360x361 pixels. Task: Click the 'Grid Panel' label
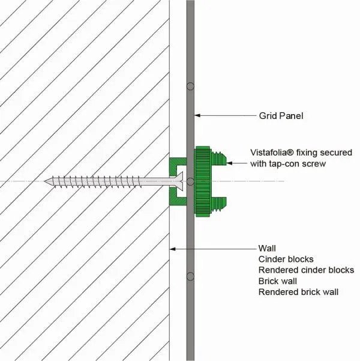(281, 116)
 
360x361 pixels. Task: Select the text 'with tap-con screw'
(288, 164)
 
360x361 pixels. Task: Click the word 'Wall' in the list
(267, 248)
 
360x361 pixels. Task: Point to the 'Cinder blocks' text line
(286, 259)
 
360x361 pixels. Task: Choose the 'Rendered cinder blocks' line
(306, 270)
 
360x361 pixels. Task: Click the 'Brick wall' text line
(277, 281)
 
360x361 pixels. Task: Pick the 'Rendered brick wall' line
(298, 292)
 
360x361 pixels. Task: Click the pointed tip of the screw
(45, 181)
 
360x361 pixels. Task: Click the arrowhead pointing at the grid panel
(197, 115)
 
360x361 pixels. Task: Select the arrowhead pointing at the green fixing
(229, 163)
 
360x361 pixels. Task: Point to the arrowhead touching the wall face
(173, 249)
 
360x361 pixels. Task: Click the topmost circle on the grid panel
(190, 86)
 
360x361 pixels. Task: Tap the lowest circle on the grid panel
(190, 276)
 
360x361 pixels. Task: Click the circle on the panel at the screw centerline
(190, 181)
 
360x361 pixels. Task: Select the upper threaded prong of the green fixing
(218, 159)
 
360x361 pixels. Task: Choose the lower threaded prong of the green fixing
(218, 204)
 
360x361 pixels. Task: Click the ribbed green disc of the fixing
(202, 181)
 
